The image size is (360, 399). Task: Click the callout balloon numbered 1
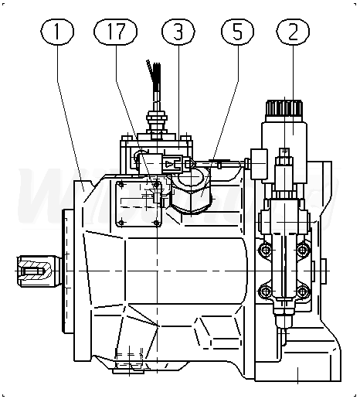[57, 32]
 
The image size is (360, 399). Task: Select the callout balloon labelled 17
[115, 32]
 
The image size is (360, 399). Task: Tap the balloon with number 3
[178, 32]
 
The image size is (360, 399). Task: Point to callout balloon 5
[237, 32]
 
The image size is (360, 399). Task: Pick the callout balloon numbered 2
[293, 32]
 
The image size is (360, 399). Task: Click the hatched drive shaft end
[36, 271]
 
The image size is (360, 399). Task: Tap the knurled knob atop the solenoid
[284, 108]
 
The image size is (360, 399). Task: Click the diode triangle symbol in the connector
[168, 164]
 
